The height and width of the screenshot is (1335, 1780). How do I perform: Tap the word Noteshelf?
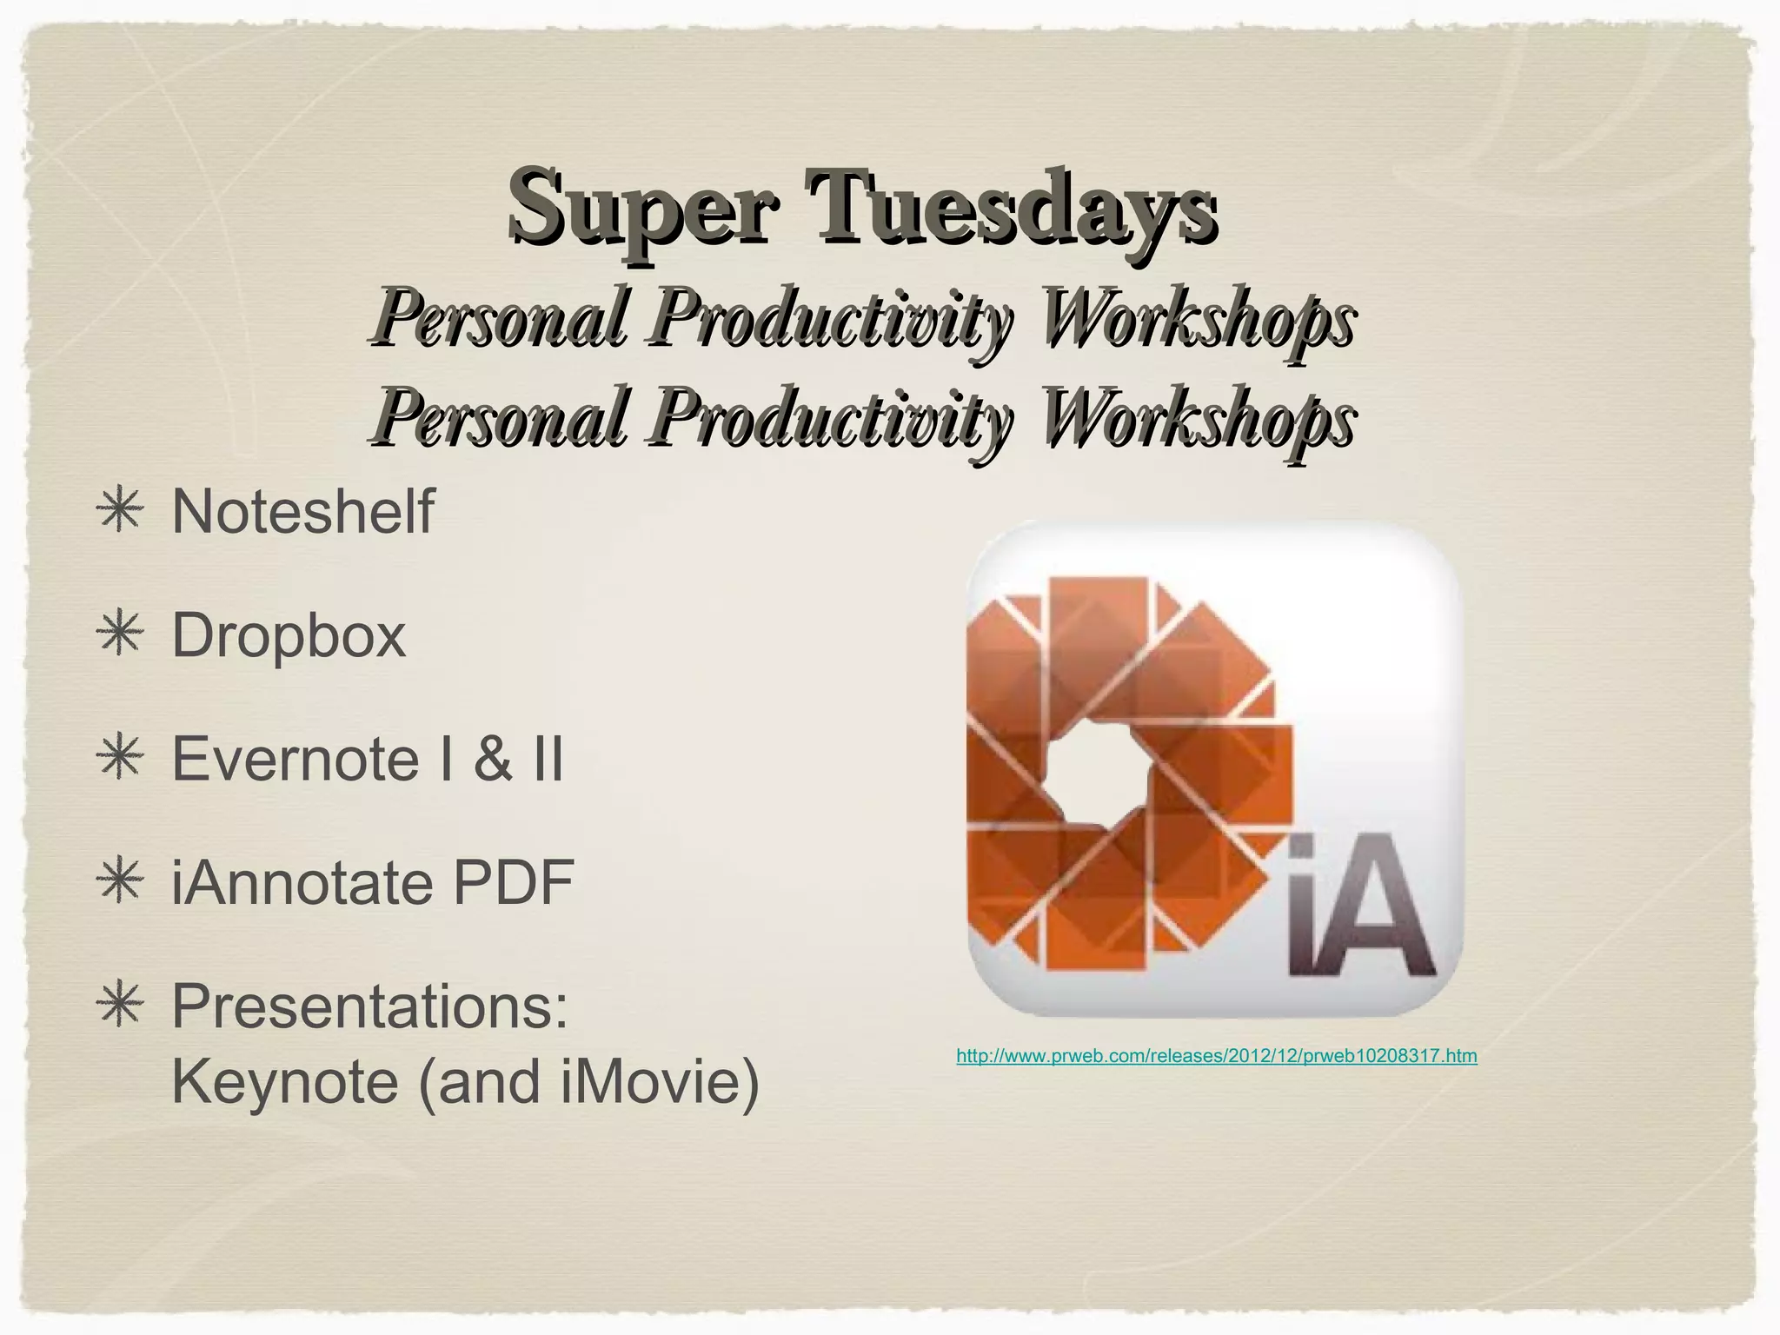coord(302,512)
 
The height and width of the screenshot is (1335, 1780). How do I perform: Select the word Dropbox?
coord(289,635)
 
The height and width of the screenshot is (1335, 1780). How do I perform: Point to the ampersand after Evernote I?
coord(493,759)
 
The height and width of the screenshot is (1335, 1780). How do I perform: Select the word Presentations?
coord(369,1006)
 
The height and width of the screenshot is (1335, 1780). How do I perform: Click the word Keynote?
coord(284,1082)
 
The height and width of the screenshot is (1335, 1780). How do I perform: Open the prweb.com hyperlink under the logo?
coord(1216,1056)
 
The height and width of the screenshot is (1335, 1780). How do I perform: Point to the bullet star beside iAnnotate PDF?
coord(119,883)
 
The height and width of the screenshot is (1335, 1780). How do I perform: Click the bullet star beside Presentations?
coord(119,1006)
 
